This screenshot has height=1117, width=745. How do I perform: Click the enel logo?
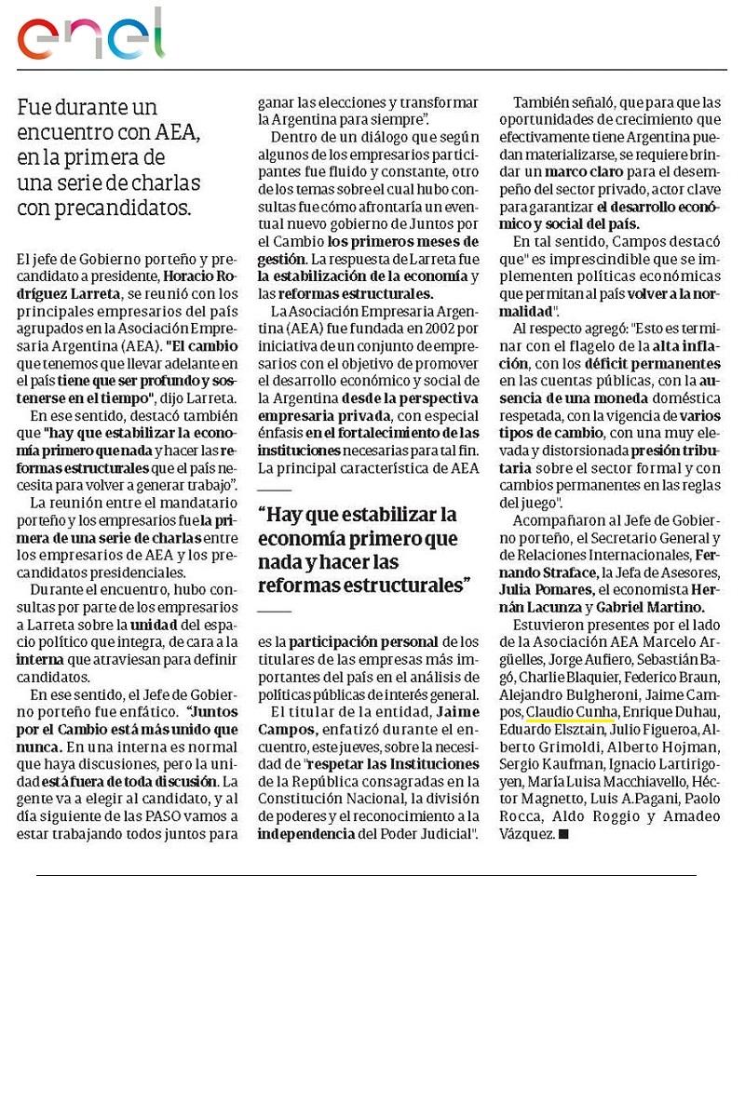pos(90,34)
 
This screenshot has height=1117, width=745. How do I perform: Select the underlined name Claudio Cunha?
pos(568,712)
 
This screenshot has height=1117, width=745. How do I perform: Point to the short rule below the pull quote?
pos(274,611)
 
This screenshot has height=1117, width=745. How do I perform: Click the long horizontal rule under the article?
pos(366,875)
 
